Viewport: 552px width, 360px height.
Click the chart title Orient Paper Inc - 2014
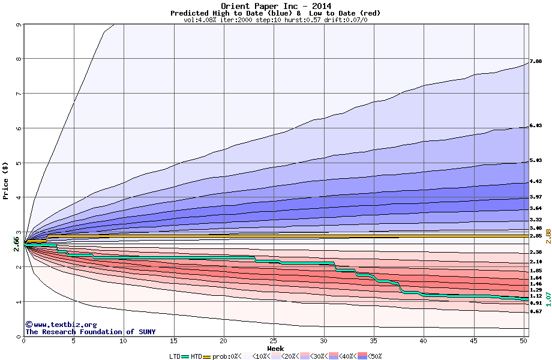(x=275, y=6)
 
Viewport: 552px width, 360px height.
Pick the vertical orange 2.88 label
(x=548, y=235)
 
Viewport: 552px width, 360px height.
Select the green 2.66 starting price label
(x=16, y=242)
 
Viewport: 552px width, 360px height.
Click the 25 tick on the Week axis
(x=273, y=341)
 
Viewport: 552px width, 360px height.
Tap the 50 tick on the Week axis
(x=523, y=341)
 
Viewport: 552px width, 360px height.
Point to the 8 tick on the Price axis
(x=19, y=59)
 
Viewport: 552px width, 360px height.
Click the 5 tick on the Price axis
(x=19, y=163)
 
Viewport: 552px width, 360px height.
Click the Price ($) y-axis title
(x=6, y=180)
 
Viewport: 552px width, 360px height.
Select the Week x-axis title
(x=275, y=348)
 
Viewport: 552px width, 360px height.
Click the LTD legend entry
(x=175, y=356)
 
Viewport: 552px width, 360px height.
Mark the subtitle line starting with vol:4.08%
(x=275, y=20)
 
